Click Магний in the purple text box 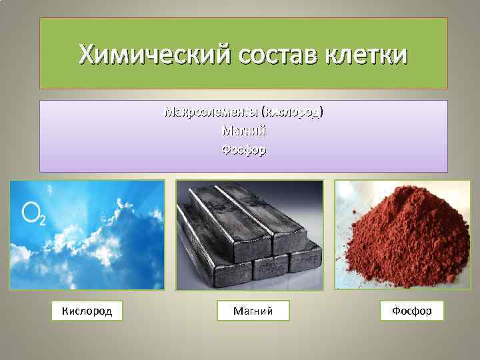(243, 131)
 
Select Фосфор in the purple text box (243, 150)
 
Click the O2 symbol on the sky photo (34, 213)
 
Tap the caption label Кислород (87, 311)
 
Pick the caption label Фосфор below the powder (411, 311)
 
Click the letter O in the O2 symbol (30, 213)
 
